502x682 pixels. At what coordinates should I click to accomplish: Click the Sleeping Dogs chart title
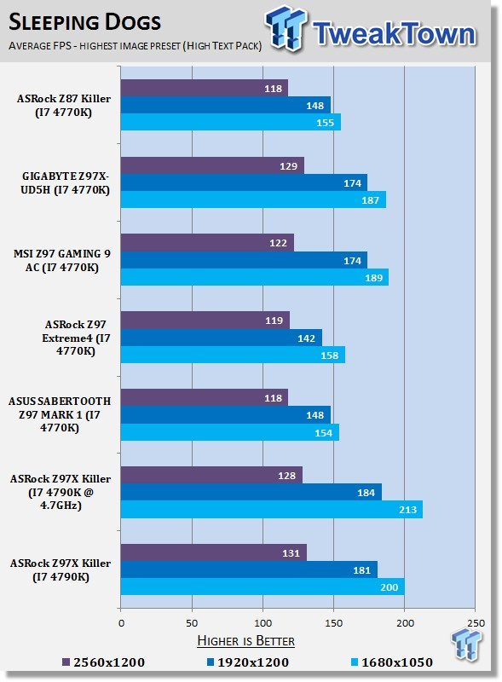(85, 22)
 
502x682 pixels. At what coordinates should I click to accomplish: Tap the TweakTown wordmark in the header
(394, 33)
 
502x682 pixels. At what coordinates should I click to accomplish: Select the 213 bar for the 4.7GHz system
(271, 509)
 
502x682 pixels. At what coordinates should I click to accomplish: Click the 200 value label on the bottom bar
(389, 587)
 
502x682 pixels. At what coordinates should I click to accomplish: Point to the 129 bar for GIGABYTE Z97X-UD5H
(212, 165)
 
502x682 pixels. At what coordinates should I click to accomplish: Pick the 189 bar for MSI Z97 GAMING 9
(255, 278)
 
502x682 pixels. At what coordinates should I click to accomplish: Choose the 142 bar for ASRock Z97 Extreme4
(222, 338)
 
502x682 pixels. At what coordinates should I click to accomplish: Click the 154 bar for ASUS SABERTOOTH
(229, 432)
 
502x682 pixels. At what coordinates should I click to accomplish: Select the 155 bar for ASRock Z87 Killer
(231, 122)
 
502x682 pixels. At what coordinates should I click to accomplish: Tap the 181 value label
(361, 570)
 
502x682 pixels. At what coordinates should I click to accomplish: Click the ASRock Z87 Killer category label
(64, 105)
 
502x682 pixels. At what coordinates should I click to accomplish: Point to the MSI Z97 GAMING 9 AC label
(61, 260)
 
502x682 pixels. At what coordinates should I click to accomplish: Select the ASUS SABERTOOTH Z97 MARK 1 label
(60, 414)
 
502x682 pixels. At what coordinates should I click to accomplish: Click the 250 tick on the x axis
(476, 623)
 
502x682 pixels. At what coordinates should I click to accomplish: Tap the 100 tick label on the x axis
(263, 623)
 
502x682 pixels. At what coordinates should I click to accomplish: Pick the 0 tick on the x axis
(121, 623)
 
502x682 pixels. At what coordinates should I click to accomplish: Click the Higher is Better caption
(245, 641)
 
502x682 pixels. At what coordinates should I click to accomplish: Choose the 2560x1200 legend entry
(103, 662)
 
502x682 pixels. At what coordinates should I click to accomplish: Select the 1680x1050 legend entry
(392, 662)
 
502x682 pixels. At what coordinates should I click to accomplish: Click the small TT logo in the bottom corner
(466, 644)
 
